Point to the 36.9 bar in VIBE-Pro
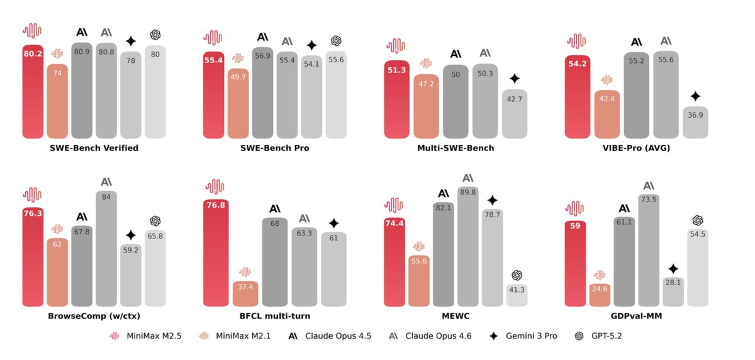point(695,123)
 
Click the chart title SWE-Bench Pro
point(275,148)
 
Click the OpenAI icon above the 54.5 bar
point(697,220)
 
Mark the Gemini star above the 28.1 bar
point(673,269)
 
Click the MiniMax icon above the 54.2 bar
point(577,42)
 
